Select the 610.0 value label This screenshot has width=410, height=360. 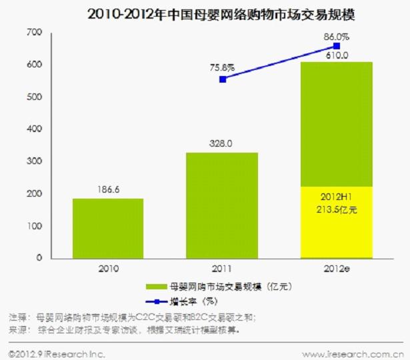337,56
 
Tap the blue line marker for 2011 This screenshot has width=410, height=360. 223,79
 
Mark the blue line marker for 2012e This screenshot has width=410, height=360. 337,46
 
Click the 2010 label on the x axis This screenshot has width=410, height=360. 107,269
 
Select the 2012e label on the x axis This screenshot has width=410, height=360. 337,269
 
